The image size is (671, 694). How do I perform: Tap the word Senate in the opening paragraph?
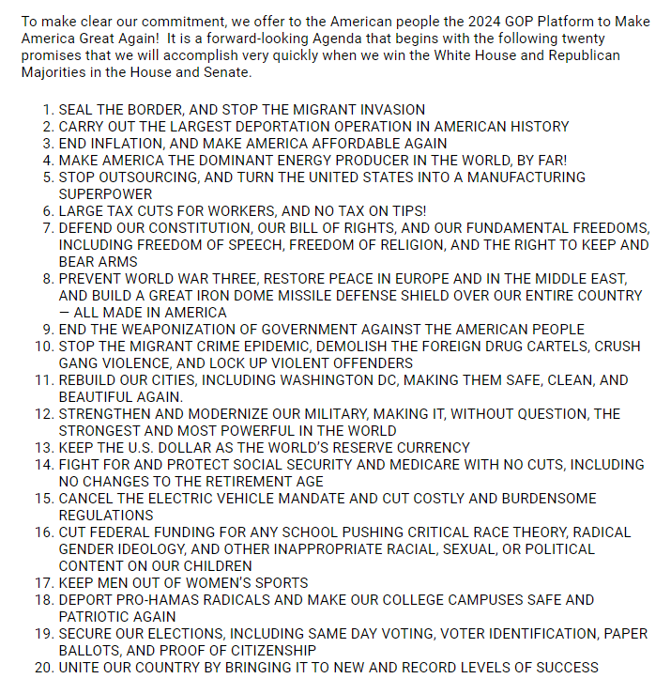point(226,72)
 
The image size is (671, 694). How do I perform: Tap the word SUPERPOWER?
point(105,194)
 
